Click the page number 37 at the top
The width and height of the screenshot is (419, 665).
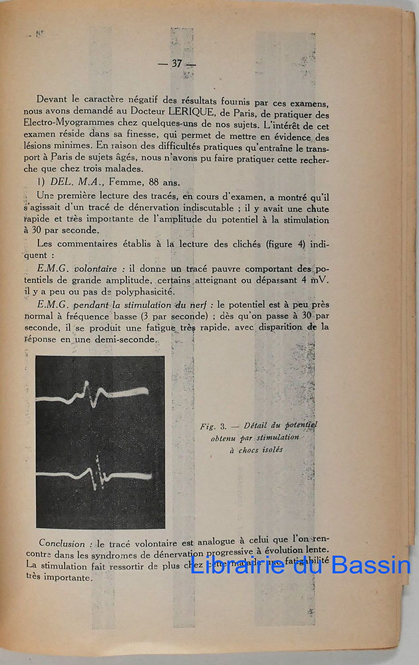(x=176, y=64)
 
